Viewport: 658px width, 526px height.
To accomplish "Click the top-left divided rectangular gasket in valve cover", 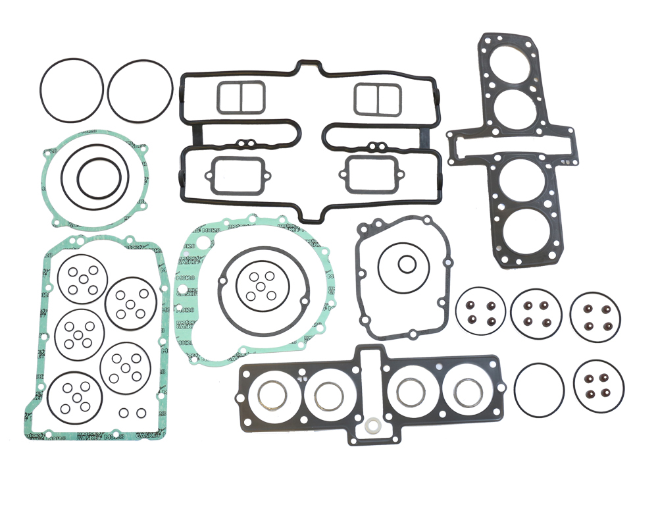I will coord(240,97).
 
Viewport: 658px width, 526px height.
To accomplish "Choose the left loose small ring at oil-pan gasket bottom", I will coord(124,413).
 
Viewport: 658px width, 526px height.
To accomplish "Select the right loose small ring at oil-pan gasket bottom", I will coord(141,413).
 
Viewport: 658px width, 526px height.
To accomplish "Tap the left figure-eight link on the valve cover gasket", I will coord(247,145).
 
